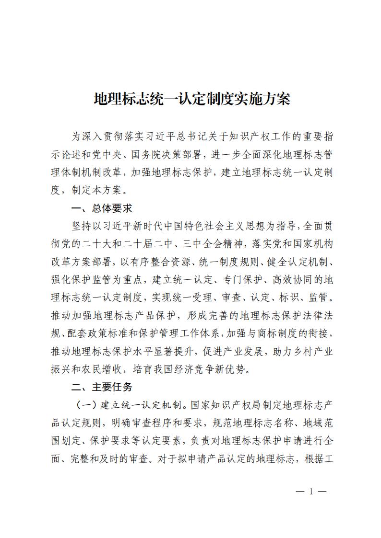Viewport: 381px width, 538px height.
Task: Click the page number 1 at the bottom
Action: (311, 491)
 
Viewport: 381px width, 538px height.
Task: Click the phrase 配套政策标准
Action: (99, 333)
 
